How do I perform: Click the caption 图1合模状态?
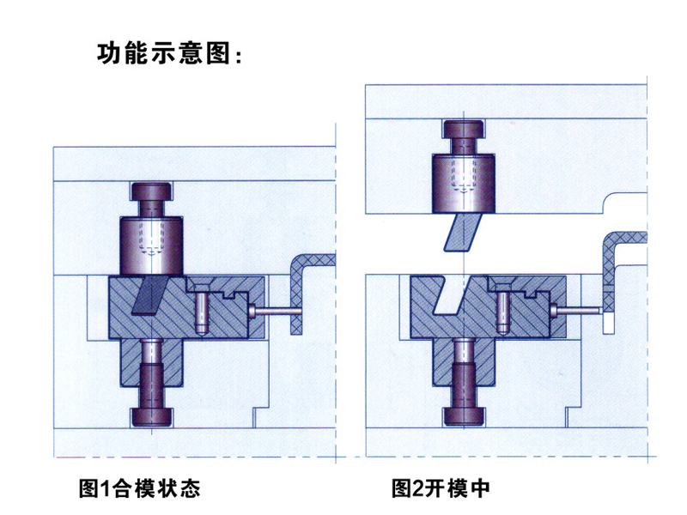138,490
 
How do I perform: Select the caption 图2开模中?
440,490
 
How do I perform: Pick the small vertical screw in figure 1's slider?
201,311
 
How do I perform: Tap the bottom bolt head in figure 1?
152,417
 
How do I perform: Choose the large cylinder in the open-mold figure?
463,182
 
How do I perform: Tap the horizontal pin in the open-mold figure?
579,312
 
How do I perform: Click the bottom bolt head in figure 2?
464,417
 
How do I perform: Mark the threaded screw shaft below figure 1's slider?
152,382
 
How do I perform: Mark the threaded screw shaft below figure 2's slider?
464,382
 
